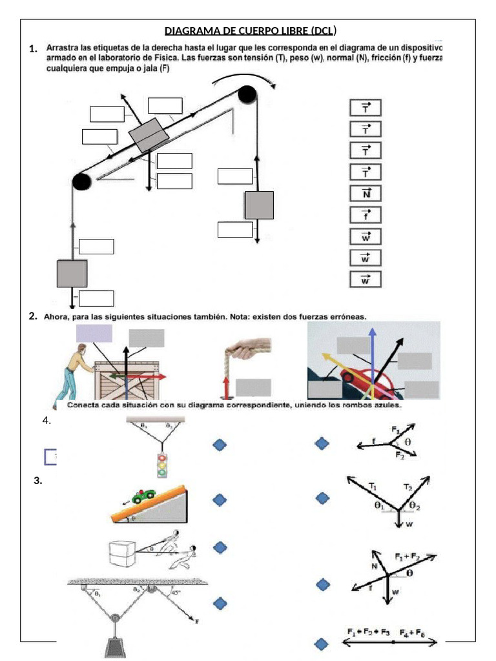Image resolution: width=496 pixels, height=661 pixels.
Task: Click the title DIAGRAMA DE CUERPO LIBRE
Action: click(x=250, y=31)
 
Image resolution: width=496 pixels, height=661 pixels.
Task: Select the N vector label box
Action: click(x=366, y=193)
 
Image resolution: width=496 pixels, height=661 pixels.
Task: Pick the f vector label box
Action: click(x=366, y=214)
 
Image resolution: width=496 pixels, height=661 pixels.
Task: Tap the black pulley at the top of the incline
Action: click(x=247, y=95)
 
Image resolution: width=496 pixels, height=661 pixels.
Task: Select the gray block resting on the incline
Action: click(x=148, y=134)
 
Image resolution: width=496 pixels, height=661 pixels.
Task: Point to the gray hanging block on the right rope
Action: click(x=258, y=205)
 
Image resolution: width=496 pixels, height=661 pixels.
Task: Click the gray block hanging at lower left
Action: click(x=72, y=273)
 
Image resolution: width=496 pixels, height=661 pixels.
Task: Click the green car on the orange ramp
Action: click(x=143, y=496)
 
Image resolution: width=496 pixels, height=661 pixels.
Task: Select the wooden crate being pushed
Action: click(x=127, y=381)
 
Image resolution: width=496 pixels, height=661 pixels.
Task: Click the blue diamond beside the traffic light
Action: click(x=220, y=445)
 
